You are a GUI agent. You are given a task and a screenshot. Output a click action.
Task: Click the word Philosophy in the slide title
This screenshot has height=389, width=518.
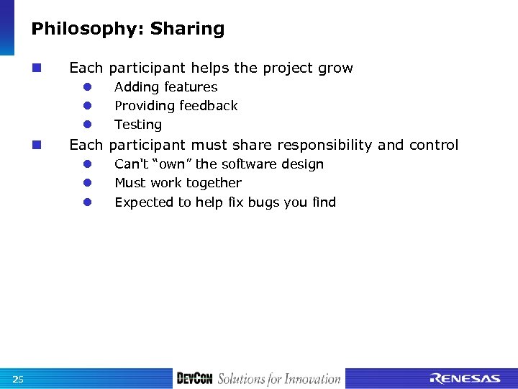(x=78, y=29)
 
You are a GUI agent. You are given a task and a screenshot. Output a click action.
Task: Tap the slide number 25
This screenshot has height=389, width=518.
(x=18, y=379)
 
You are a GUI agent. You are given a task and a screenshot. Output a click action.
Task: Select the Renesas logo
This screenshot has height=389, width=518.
(x=465, y=379)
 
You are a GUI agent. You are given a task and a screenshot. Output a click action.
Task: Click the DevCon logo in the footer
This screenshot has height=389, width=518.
(x=195, y=379)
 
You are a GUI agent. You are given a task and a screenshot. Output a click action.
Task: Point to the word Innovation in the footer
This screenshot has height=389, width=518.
(x=312, y=379)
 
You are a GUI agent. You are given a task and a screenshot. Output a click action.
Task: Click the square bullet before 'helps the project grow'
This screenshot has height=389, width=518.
(x=36, y=68)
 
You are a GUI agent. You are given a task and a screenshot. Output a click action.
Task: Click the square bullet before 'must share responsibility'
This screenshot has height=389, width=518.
(x=36, y=146)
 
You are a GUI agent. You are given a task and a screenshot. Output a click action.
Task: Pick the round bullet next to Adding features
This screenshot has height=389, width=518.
(x=85, y=87)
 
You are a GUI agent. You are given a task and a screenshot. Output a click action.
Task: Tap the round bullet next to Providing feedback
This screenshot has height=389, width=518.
(x=85, y=106)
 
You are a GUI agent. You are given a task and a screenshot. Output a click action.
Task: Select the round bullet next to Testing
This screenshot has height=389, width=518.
(x=85, y=125)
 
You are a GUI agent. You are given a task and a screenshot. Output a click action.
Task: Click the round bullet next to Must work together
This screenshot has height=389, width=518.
(x=85, y=183)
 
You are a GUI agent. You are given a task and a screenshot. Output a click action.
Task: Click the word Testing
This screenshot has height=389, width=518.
(x=138, y=125)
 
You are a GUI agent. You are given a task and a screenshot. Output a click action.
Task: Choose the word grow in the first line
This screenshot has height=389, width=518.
(x=336, y=68)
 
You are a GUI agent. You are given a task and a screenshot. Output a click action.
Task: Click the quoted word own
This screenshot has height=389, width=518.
(x=173, y=164)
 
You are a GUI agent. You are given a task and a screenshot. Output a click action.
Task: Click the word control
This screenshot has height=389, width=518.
(x=433, y=146)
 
